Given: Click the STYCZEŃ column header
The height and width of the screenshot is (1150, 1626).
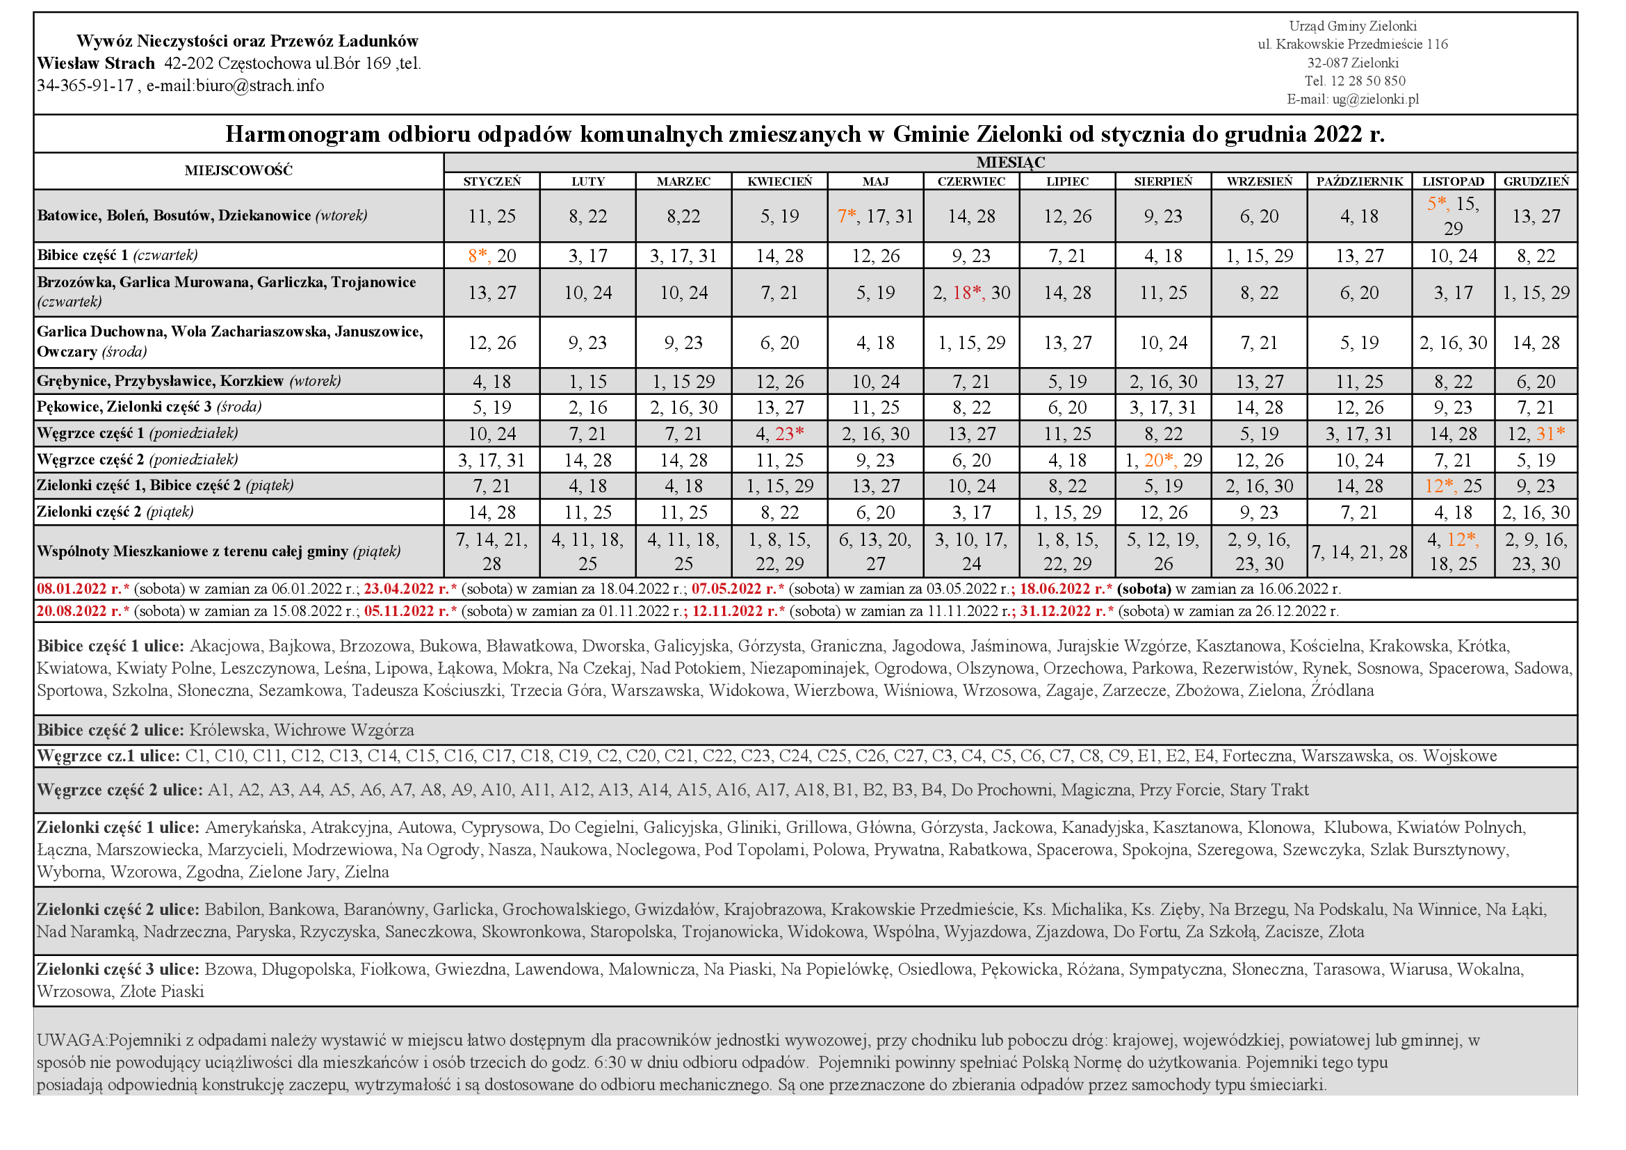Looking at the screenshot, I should pos(491,181).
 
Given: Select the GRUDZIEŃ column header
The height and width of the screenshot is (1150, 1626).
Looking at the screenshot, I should pos(1536,181).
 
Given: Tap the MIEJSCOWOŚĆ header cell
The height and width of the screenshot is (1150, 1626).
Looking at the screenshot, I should pos(238,170).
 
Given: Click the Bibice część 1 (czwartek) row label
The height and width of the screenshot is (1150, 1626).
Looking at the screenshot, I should pos(117,255).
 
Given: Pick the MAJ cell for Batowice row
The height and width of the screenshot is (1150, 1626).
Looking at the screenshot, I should pos(875,216).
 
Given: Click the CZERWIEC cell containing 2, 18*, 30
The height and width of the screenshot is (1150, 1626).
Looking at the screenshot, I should pos(971,293).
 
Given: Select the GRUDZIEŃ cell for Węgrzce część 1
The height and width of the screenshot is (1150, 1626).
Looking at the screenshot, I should pos(1536,433).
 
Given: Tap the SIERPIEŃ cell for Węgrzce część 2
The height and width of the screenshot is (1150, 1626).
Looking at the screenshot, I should pos(1163,460).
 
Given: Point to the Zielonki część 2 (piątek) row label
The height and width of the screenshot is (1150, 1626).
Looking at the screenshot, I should pos(115,511).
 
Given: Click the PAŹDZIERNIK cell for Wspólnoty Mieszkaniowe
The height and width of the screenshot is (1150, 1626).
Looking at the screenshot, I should pos(1359,551).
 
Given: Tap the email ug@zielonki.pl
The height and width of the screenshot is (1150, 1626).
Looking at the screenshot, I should pos(1375,99).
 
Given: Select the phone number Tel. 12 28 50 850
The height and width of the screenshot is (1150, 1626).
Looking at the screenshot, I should pos(1355,81).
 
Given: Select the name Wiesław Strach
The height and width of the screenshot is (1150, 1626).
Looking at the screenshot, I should pos(96,63).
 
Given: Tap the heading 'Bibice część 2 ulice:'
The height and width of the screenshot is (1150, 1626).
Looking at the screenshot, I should pos(111,730).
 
